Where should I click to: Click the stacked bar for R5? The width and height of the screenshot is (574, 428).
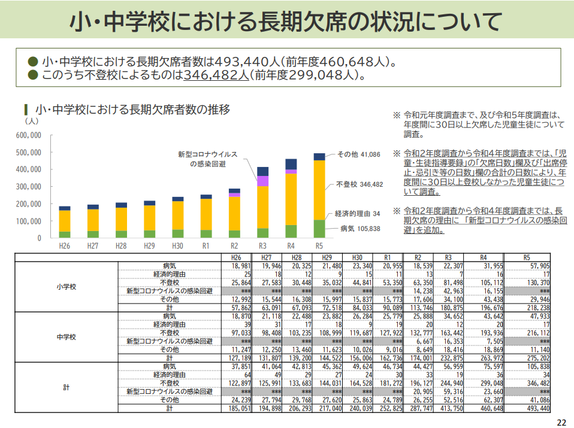pos(319,195)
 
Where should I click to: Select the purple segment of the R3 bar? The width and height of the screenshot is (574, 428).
pos(262,181)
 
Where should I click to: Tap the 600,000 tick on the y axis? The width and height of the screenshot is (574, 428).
pos(29,135)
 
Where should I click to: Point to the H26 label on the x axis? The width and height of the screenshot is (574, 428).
pos(65,246)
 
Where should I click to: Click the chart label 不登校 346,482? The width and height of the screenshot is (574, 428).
pos(359,184)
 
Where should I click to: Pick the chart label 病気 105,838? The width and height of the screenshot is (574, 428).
pos(360,229)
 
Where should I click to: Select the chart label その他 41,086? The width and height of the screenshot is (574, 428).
pos(359,154)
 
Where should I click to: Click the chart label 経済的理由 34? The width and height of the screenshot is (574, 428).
pos(357,214)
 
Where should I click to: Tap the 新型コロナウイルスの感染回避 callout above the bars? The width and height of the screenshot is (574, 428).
pos(207,159)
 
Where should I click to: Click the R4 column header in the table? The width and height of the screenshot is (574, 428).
pos(483,257)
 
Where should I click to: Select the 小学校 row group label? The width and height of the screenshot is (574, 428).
pos(67,287)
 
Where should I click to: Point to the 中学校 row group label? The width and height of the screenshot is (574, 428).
pos(67,337)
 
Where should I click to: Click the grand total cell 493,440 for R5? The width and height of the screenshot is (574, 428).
pos(538,408)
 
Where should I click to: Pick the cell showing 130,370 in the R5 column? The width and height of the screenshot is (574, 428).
pos(538,283)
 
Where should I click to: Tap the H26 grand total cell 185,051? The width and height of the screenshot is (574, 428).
pos(240,408)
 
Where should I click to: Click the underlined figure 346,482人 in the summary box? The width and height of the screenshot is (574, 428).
pos(216,75)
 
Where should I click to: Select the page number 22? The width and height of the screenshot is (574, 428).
pos(561,423)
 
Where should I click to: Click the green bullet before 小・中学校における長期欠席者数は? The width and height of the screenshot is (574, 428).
pos(33,62)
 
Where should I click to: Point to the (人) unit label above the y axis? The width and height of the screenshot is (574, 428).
pos(32,121)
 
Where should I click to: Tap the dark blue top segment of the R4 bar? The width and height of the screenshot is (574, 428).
pos(291,164)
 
